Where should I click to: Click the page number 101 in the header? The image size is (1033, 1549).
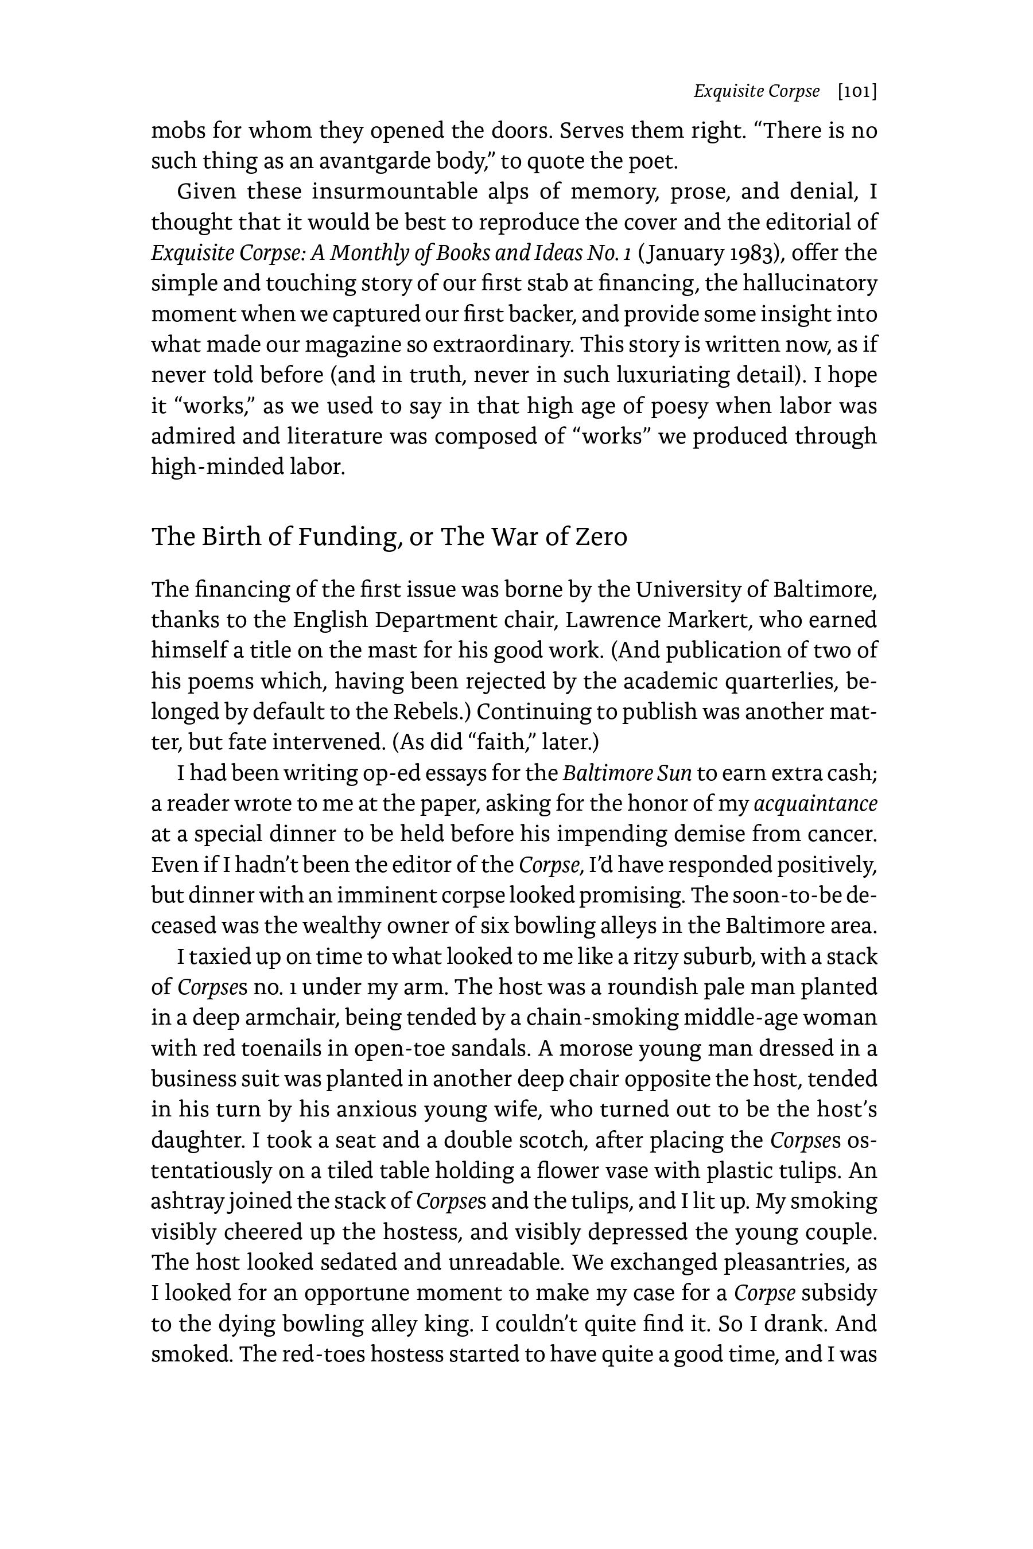856,92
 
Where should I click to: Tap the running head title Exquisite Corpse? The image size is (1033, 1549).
756,92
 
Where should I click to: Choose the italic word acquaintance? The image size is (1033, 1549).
815,804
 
